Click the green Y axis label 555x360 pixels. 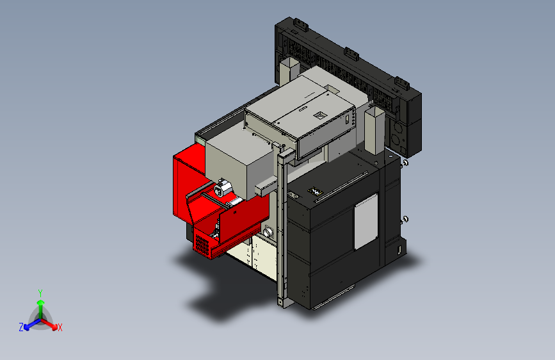tap(40, 293)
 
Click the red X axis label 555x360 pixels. tap(60, 328)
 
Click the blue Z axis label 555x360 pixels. tap(21, 327)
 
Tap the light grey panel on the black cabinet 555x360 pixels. tap(366, 222)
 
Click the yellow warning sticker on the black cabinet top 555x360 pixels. tap(315, 192)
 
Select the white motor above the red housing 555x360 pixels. tap(222, 188)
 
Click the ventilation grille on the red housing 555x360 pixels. tap(202, 245)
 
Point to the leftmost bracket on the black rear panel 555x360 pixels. tap(300, 24)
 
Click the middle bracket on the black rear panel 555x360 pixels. tap(351, 54)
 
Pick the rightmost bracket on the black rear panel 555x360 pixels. tap(402, 83)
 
